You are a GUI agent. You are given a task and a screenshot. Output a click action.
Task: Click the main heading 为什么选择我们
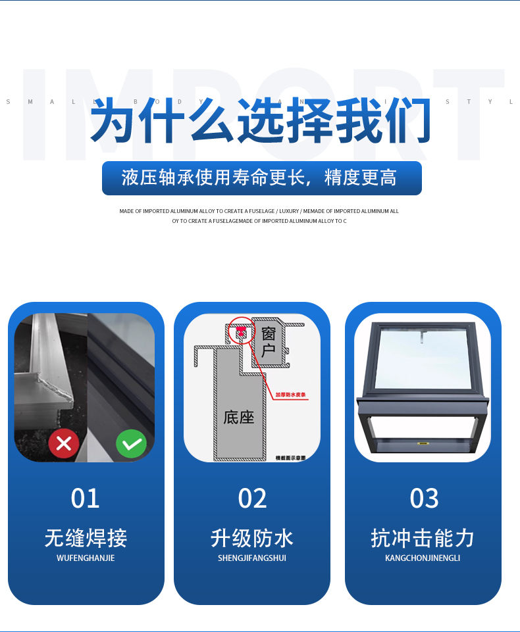[260, 120]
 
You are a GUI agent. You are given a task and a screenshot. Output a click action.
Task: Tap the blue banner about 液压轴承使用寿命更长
[261, 178]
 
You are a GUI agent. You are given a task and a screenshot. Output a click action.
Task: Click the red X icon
[64, 444]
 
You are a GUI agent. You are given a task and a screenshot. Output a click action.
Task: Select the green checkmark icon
[132, 444]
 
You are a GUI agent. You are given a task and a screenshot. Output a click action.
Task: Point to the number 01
[85, 498]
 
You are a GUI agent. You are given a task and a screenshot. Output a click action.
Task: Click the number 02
[252, 498]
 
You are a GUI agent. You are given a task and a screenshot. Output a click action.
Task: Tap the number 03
[424, 498]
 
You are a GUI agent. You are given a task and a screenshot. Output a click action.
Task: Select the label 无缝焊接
[86, 538]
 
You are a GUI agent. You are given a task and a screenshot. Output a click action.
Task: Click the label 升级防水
[252, 538]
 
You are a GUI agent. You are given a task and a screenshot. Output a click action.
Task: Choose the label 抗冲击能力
[423, 538]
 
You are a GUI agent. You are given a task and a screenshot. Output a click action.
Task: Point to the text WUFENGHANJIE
[86, 558]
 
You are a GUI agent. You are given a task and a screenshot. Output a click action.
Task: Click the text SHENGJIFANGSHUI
[252, 558]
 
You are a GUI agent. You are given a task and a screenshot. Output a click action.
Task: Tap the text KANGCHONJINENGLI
[423, 558]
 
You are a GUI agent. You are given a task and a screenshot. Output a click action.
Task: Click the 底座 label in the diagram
[238, 417]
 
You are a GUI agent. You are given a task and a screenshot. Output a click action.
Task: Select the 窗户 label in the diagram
[269, 342]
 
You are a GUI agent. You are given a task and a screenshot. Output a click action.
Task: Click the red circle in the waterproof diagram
[242, 331]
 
